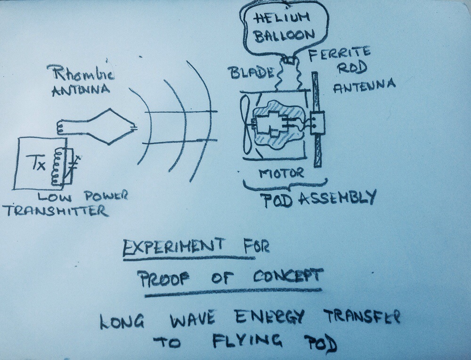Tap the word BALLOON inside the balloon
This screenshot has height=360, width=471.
click(284, 35)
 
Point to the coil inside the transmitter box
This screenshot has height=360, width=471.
click(57, 168)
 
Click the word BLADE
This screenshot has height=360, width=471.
click(251, 73)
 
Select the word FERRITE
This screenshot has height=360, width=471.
click(339, 54)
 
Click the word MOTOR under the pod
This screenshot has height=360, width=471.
click(281, 173)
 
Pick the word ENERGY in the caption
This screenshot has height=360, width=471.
click(269, 317)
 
